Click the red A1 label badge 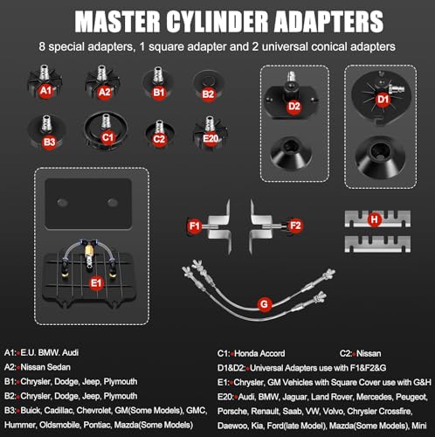(45, 91)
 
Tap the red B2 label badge (208, 94)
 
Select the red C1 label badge (107, 137)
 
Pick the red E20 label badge (211, 138)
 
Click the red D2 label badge (294, 107)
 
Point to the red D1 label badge (383, 100)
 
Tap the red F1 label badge (195, 225)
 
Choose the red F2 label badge (295, 225)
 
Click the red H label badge (375, 219)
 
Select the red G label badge (265, 304)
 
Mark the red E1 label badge (96, 283)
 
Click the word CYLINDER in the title (217, 22)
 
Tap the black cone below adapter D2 (291, 152)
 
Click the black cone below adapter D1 (380, 156)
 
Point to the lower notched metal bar (377, 244)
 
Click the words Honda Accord (259, 353)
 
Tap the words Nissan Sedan (45, 367)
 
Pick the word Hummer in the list (19, 425)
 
